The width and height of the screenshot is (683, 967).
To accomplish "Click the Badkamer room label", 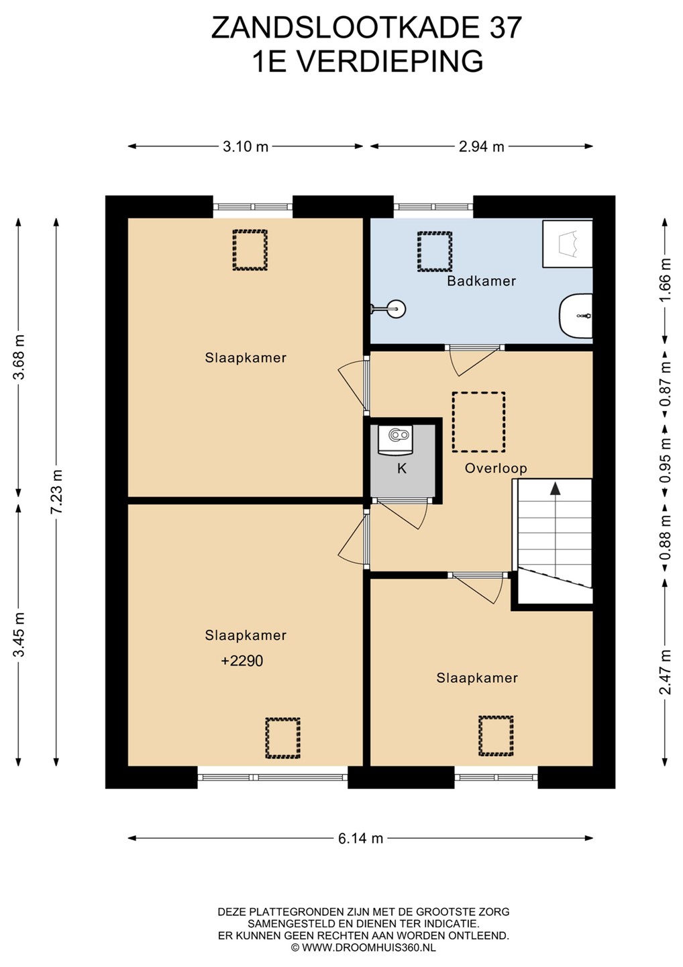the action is point(481,281).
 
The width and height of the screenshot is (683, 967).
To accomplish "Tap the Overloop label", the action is point(496,469).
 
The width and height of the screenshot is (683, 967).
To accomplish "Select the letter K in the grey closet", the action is point(401,469).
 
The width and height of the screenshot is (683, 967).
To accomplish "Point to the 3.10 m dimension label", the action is point(246,147).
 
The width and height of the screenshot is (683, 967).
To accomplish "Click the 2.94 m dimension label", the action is point(481,147).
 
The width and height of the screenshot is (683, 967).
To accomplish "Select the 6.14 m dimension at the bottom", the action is point(360,838).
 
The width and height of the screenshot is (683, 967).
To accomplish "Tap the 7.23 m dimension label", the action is point(57,492).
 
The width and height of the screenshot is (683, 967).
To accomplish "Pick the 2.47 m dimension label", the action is point(666,672).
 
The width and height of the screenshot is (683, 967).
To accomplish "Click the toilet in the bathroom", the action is point(576,316).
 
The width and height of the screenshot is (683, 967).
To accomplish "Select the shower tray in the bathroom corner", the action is point(568,244).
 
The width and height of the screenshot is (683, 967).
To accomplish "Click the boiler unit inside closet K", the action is point(395,439).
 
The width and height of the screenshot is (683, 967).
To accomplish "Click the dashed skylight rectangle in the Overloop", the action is point(478,422).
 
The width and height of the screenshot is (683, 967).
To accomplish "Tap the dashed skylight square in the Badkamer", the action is point(435,252).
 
